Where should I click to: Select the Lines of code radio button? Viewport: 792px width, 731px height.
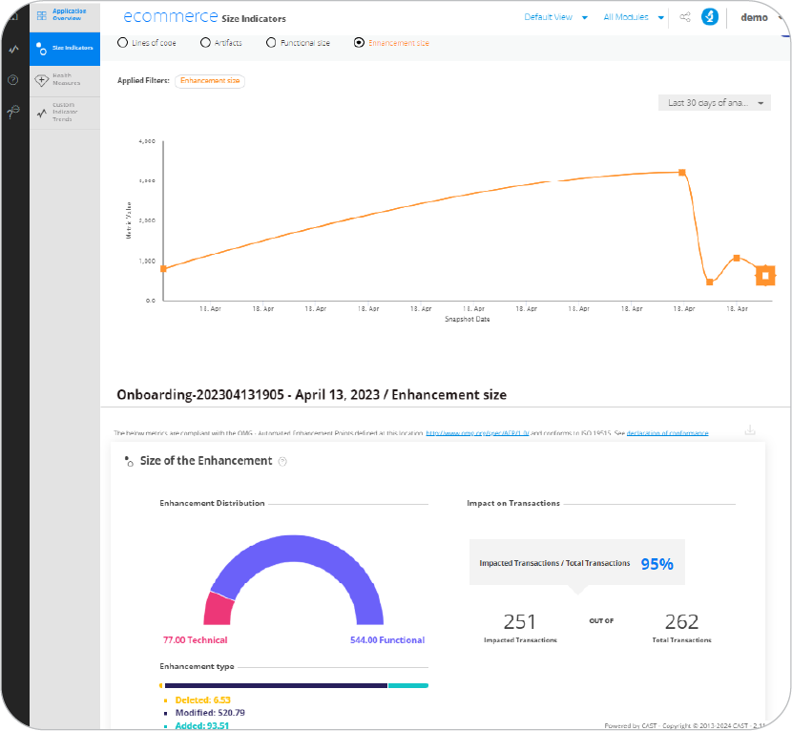(x=122, y=43)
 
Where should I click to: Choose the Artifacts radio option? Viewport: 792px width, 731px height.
(x=205, y=43)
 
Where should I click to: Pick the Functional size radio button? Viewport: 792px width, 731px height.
(x=271, y=43)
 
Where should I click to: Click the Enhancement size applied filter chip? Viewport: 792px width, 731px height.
(x=210, y=81)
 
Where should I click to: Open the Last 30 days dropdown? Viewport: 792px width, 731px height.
(x=714, y=103)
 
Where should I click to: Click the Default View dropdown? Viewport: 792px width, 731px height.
(x=553, y=17)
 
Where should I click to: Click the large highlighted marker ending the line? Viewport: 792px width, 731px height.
(x=765, y=276)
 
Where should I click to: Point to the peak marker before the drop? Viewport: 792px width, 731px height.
(x=681, y=173)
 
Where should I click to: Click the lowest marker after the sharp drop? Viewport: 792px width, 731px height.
(x=710, y=282)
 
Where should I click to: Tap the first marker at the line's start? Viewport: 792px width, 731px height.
(x=163, y=269)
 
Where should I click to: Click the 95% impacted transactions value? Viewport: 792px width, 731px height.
(x=657, y=564)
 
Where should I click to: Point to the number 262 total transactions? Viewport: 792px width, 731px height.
(x=681, y=622)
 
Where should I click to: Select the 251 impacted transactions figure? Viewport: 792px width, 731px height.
(x=520, y=622)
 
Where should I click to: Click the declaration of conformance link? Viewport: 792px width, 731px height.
(x=667, y=433)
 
